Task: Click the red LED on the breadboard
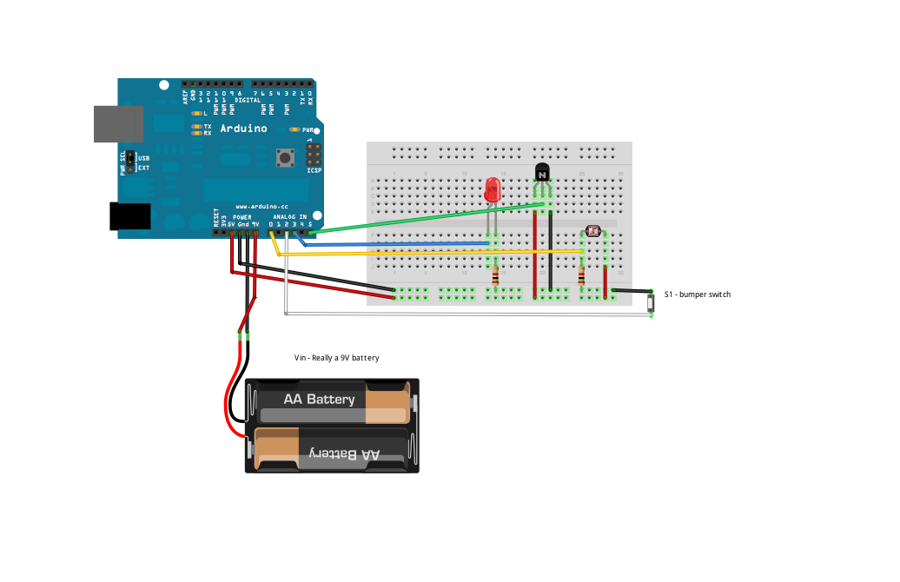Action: (493, 191)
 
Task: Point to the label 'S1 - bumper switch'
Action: (697, 295)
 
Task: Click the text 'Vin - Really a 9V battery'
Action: (336, 358)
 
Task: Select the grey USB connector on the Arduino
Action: (119, 123)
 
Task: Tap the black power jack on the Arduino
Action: (129, 216)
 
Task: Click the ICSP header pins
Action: (313, 156)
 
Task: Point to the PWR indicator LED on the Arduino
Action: (295, 129)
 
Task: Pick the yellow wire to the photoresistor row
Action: (434, 252)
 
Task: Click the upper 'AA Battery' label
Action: (319, 399)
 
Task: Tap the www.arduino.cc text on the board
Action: (261, 207)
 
